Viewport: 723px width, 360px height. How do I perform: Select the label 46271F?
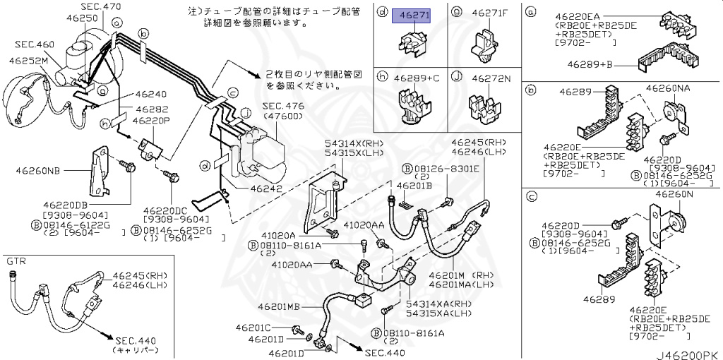[x=491, y=13]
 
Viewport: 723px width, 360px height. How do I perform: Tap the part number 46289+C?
[x=417, y=78]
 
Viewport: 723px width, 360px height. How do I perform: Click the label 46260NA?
[x=667, y=89]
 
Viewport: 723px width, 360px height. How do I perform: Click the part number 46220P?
[x=155, y=119]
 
